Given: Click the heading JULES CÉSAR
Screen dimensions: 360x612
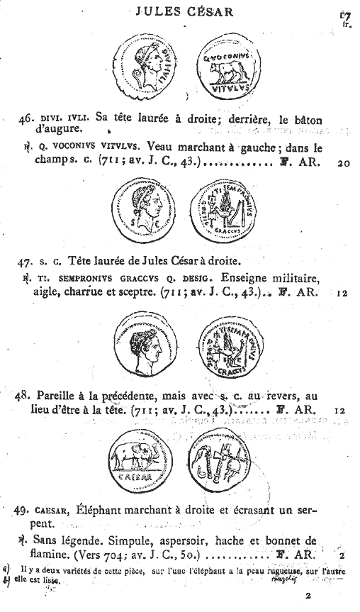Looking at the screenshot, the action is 179,12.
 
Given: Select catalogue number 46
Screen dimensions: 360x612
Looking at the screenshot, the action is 28,119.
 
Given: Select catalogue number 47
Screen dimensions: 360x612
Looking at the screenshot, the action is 28,261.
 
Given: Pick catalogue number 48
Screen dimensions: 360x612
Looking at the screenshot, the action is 26,396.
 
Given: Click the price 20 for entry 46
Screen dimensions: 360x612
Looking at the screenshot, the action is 344,162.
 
